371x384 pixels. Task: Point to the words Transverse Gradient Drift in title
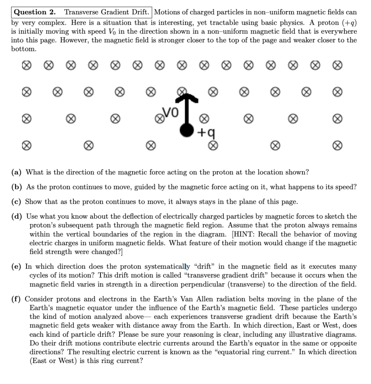tap(108, 12)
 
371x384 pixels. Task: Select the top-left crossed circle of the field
tap(25, 66)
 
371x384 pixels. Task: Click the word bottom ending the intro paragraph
tap(24, 49)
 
